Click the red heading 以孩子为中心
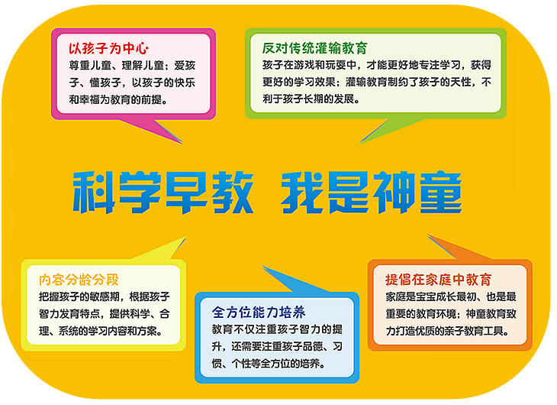108,48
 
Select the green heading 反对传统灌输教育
314,48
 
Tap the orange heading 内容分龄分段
79,280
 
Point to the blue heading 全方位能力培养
259,313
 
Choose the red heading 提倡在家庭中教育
439,280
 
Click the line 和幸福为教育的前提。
118,99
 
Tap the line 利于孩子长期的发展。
311,99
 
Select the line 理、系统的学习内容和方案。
101,332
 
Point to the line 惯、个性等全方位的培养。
269,364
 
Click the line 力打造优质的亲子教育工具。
447,331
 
